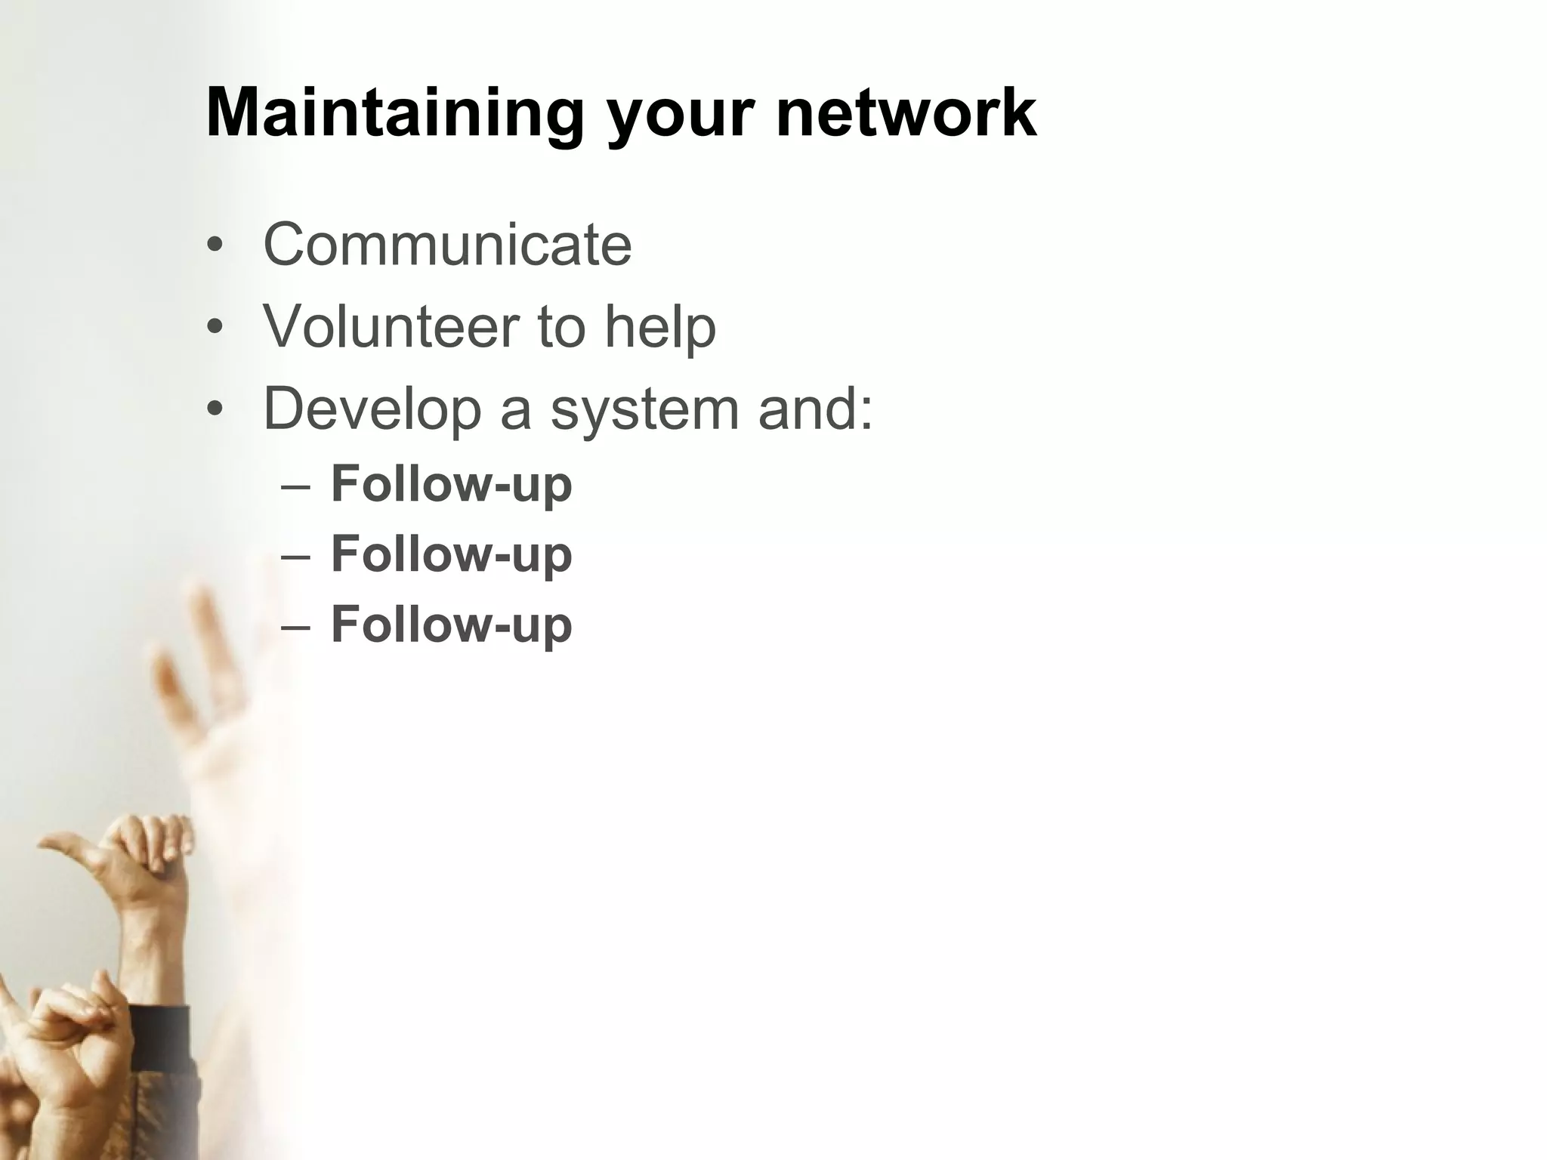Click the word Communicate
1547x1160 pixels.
[447, 245]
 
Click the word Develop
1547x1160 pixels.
[372, 409]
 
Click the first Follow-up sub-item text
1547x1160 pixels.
[452, 484]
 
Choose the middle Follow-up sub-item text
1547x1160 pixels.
[452, 554]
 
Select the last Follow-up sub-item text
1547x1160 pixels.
[452, 625]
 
